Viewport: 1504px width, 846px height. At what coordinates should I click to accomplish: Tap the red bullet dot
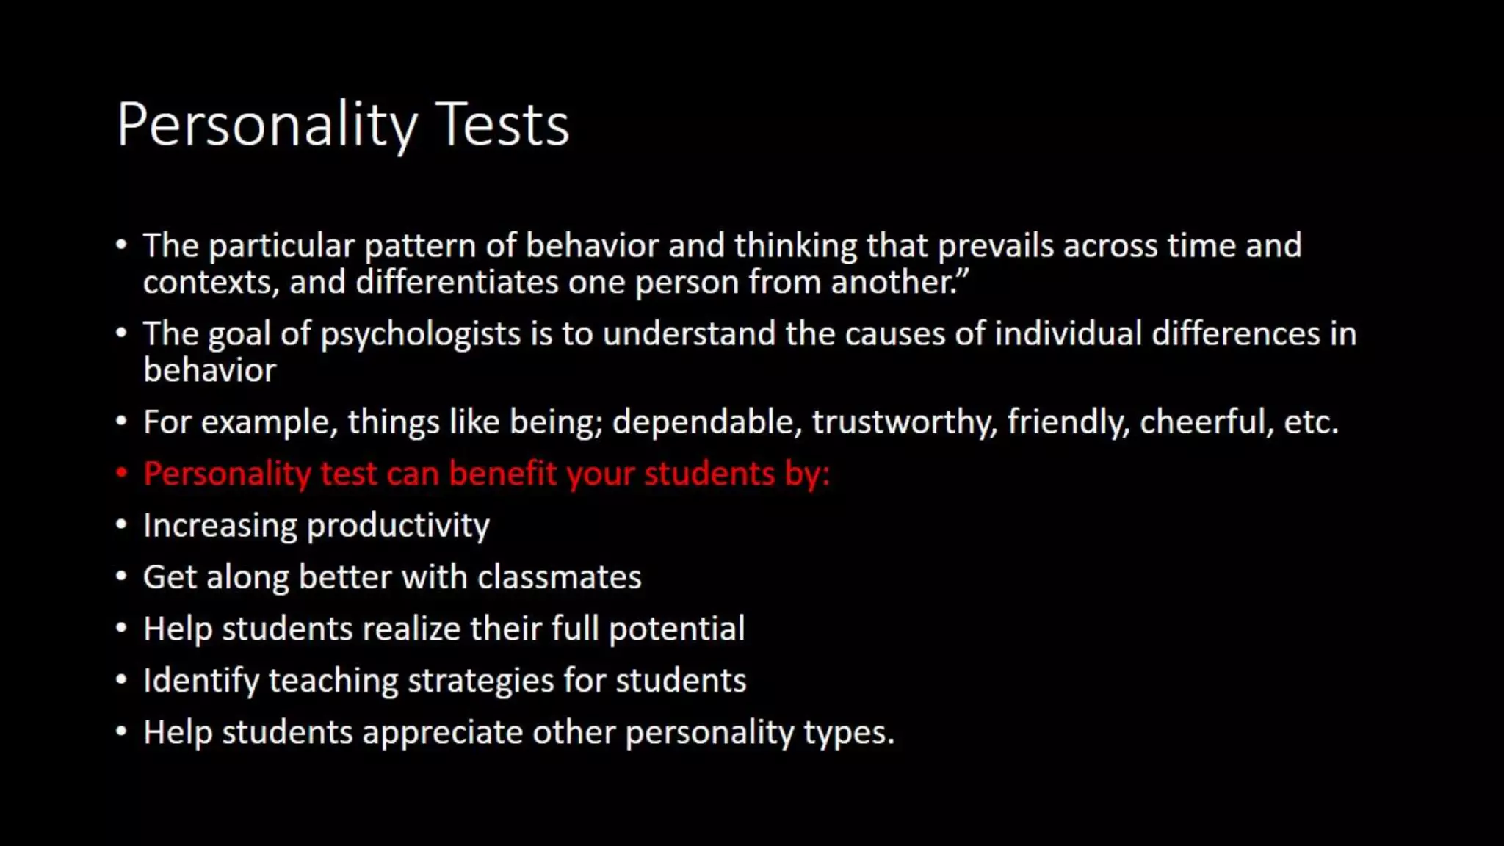pos(122,473)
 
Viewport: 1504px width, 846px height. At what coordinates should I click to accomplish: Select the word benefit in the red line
pos(503,474)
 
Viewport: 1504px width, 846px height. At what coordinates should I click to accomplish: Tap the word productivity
pos(398,526)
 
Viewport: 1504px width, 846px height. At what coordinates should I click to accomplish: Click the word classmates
pos(560,577)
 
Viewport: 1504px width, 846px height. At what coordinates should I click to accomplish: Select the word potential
pos(676,629)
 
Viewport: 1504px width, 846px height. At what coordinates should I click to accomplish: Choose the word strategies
pos(481,681)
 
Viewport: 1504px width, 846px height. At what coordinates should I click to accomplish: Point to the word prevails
pos(996,246)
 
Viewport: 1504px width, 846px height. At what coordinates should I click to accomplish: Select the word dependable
pos(707,422)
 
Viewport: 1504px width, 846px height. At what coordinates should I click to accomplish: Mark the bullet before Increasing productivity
pos(122,525)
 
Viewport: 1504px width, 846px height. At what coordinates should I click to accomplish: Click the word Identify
pos(201,681)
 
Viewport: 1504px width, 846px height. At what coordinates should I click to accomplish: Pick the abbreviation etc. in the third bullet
pos(1311,422)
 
